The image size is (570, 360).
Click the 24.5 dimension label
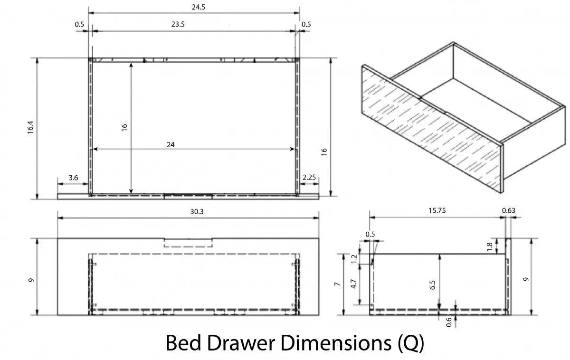(198, 7)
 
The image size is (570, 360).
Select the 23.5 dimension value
(178, 24)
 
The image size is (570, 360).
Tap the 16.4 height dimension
(30, 127)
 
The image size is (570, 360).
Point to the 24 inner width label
(171, 144)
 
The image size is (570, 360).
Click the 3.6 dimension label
(73, 178)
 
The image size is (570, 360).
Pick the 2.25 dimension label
(309, 177)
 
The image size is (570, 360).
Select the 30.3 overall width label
(197, 211)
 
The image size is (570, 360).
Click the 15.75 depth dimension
(437, 210)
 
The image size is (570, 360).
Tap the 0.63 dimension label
(508, 210)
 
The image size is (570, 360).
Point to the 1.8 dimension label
(489, 246)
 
